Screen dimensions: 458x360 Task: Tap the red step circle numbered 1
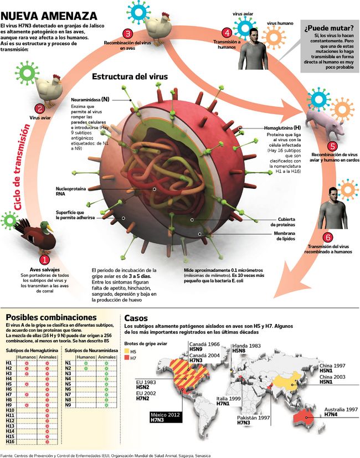(45, 258)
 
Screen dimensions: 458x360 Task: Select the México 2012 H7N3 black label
(167, 416)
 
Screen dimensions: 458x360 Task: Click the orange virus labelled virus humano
(272, 39)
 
